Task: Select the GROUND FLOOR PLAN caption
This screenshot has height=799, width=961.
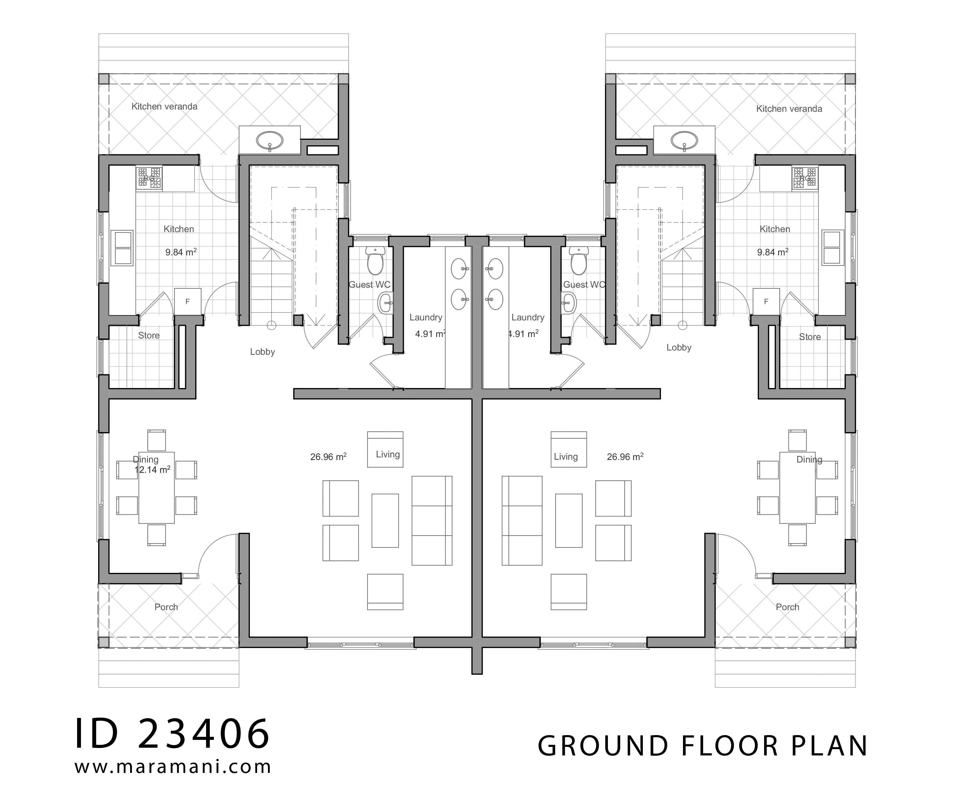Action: [x=702, y=746]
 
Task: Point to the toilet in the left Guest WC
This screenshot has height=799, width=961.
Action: [x=376, y=261]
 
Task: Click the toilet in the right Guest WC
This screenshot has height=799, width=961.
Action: [x=578, y=261]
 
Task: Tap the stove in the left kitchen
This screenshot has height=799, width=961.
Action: [x=149, y=178]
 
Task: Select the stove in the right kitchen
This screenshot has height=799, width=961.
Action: [x=805, y=178]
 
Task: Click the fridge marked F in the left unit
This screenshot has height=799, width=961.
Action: [x=188, y=301]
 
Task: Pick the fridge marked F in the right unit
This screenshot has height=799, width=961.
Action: [x=766, y=301]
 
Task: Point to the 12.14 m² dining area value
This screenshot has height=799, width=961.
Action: [x=152, y=469]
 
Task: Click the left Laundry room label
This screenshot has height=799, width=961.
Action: [x=426, y=318]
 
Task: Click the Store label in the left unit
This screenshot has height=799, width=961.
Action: [x=149, y=335]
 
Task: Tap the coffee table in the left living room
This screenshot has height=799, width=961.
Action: [x=385, y=521]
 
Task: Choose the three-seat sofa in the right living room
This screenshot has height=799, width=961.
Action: [x=522, y=521]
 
